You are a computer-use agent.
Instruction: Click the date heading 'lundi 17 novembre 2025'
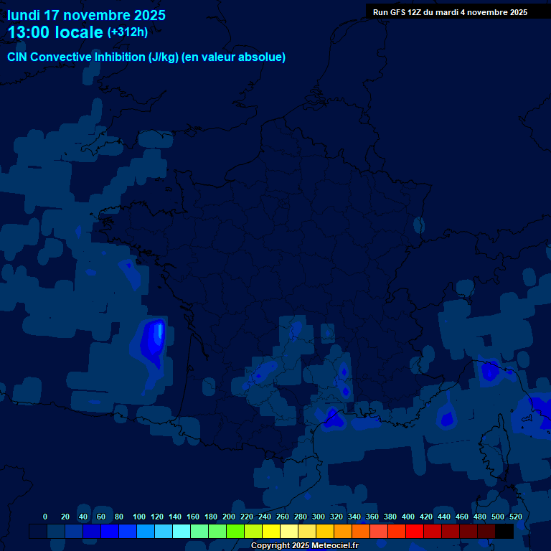pyautogui.click(x=86, y=15)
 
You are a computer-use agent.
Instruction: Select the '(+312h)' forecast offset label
pyautogui.click(x=127, y=32)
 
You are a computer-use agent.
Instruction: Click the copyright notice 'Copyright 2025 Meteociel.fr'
pyautogui.click(x=304, y=545)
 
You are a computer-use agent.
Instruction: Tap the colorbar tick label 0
pyautogui.click(x=45, y=517)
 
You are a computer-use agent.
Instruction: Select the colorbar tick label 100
pyautogui.click(x=139, y=517)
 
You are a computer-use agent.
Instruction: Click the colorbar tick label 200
pyautogui.click(x=229, y=517)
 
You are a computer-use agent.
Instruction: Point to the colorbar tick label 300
pyautogui.click(x=319, y=517)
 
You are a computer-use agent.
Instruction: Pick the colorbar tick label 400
pyautogui.click(x=408, y=517)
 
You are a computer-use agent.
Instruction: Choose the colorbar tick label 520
pyautogui.click(x=515, y=517)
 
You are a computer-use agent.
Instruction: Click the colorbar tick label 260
pyautogui.click(x=283, y=517)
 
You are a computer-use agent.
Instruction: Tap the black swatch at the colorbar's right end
pyautogui.click(x=504, y=531)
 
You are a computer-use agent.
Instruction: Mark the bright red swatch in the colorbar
pyautogui.click(x=415, y=531)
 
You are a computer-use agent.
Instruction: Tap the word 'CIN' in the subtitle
pyautogui.click(x=17, y=57)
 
